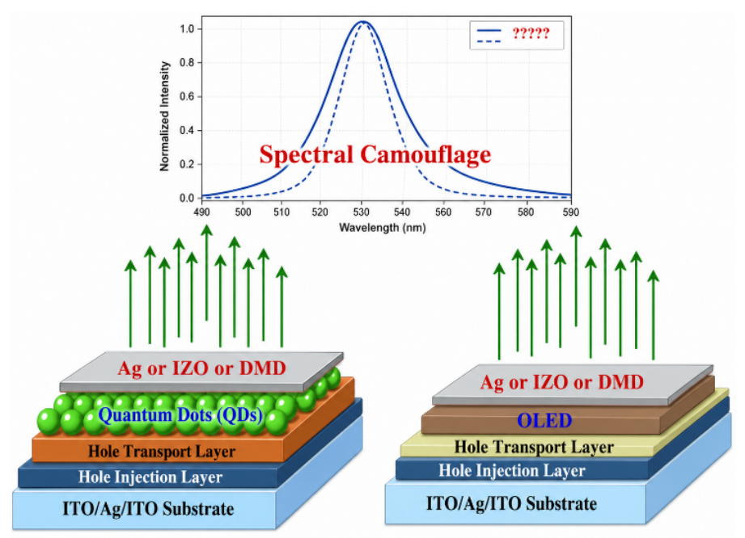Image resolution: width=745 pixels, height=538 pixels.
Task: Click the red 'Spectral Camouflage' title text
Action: point(375,155)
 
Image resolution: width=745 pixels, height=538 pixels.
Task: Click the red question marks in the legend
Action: point(531,33)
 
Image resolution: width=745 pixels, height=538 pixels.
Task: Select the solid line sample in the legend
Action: point(489,31)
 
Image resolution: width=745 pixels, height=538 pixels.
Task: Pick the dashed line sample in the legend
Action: point(489,42)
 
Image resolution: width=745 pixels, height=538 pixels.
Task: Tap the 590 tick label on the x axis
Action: point(570,212)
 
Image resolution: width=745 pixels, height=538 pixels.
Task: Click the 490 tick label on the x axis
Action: point(202,212)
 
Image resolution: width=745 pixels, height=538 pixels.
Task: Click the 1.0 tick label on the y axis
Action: point(187,29)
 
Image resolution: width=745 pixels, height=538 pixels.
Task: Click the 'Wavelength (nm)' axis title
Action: point(383,228)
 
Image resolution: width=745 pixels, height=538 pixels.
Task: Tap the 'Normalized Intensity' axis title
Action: point(164,116)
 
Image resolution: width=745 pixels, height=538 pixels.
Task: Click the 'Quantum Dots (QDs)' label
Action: point(180,415)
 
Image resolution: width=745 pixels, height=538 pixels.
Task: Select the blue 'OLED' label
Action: point(544,420)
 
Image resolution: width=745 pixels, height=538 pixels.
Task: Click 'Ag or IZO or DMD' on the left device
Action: point(202,368)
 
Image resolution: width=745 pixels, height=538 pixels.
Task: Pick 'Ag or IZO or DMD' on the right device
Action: point(561,382)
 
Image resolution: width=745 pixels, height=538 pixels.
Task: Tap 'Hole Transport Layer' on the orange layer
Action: point(162,452)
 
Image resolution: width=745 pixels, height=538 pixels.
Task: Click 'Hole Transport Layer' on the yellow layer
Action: point(534,447)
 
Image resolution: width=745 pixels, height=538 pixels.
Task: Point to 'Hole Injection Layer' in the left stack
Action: point(150,477)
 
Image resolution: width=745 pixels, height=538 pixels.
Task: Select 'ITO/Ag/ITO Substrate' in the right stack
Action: point(511,503)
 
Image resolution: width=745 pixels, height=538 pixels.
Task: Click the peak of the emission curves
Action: point(362,21)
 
